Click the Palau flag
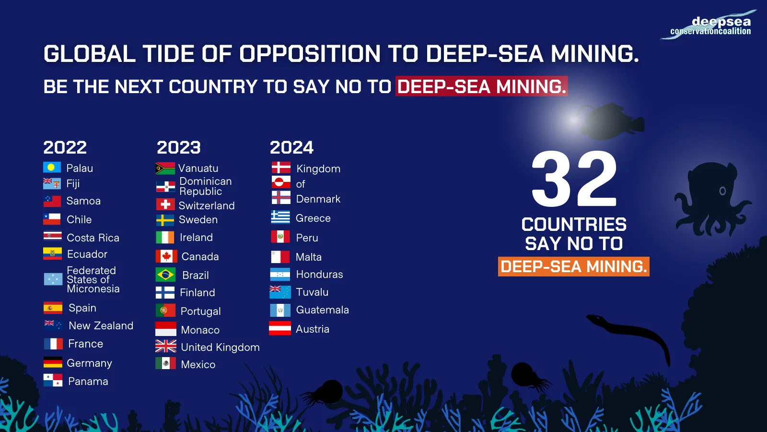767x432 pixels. point(52,168)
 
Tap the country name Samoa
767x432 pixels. point(83,201)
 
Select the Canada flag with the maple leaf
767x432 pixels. point(166,256)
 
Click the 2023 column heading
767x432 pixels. point(178,147)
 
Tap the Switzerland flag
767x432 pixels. point(165,205)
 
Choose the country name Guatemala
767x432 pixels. point(322,310)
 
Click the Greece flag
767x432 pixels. point(280,217)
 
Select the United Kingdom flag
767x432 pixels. point(166,347)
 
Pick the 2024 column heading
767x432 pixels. point(291,147)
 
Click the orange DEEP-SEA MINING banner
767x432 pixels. point(574,266)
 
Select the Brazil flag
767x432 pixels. point(165,275)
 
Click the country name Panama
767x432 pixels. point(88,382)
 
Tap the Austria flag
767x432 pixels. point(280,329)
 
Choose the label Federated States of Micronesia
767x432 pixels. point(93,280)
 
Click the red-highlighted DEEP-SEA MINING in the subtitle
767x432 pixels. point(481,87)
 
